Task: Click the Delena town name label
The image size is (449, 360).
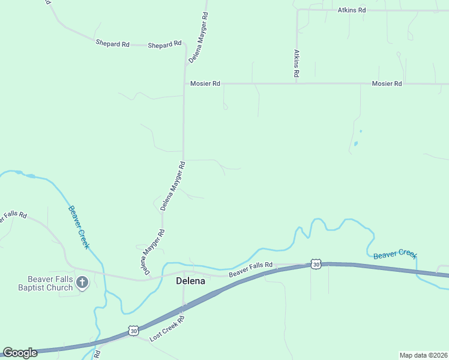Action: click(190, 281)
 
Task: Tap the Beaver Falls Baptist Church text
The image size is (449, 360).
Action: click(50, 283)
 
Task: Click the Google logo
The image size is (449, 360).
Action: click(20, 353)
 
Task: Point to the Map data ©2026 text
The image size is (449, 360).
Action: click(423, 355)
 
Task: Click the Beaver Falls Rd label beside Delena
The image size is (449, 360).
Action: click(251, 270)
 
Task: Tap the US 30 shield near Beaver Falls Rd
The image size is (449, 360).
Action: click(316, 264)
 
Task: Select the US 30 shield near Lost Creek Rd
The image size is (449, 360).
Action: click(133, 331)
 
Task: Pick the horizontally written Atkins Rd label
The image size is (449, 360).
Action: click(352, 10)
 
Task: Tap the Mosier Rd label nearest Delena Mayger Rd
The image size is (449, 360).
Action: click(205, 84)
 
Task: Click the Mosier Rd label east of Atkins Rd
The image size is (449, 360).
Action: click(387, 84)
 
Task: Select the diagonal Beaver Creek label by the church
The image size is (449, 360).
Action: click(79, 227)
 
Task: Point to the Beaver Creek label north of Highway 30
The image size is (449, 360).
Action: click(394, 255)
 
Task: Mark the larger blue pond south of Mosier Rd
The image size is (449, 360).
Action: click(356, 143)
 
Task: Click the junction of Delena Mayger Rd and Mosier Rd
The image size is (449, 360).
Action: click(184, 84)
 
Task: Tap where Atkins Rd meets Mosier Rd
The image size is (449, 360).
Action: click(297, 84)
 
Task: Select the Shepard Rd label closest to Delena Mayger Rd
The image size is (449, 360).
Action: click(164, 45)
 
